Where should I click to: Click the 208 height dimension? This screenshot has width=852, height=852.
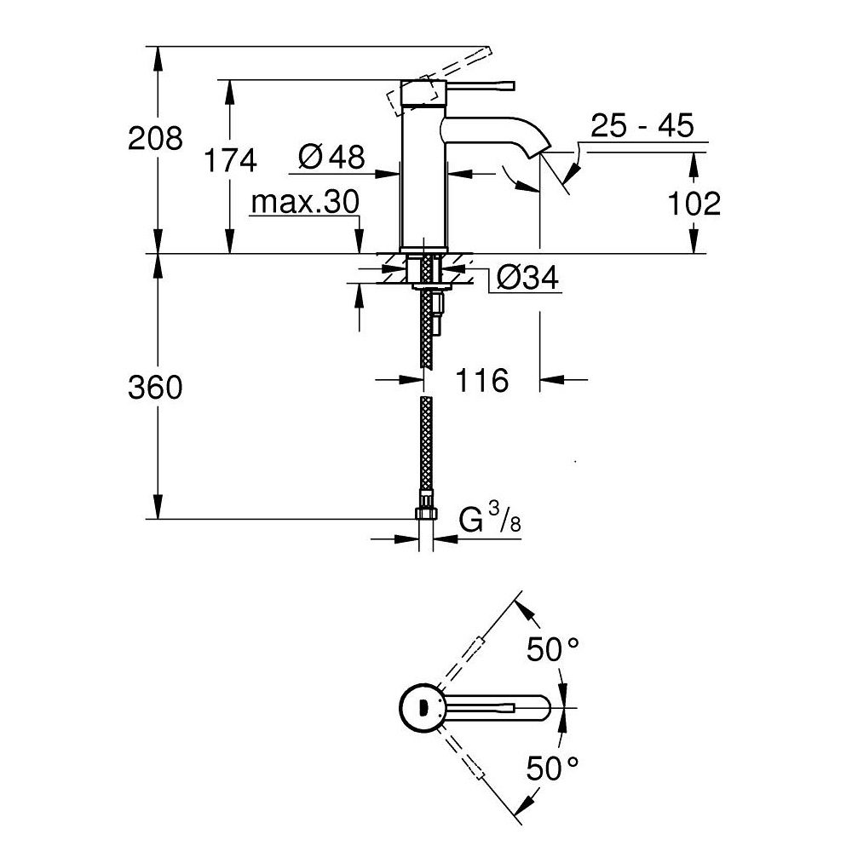154,137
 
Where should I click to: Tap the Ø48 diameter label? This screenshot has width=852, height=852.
331,156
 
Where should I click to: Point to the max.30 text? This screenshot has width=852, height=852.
305,204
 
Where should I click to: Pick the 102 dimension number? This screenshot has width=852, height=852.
693,203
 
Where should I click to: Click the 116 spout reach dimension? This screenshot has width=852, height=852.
482,380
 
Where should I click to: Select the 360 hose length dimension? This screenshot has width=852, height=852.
154,388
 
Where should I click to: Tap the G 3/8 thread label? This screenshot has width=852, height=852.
491,518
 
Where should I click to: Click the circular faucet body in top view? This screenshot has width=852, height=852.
421,708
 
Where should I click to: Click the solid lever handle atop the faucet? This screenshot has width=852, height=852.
474,85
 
